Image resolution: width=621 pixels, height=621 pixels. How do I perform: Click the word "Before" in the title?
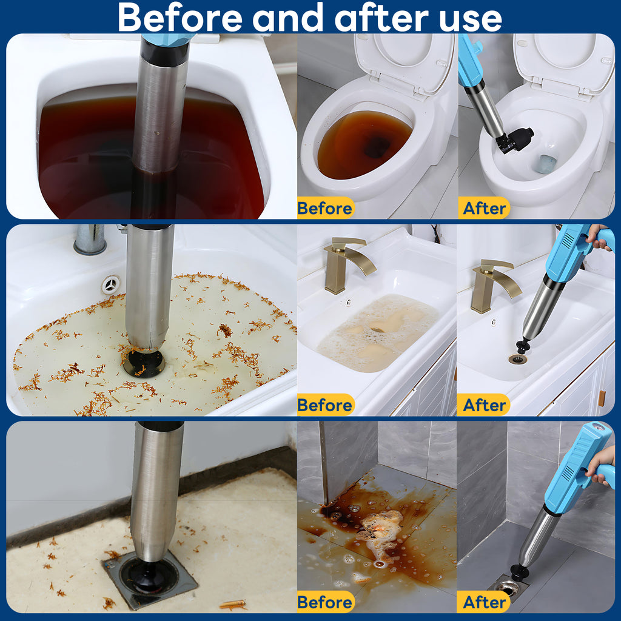pyautogui.click(x=180, y=18)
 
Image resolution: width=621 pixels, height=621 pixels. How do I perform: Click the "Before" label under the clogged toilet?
pyautogui.click(x=325, y=209)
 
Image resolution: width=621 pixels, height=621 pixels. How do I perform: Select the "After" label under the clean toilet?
pyautogui.click(x=485, y=209)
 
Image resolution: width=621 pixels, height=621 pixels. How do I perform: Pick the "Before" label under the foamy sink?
pyautogui.click(x=325, y=405)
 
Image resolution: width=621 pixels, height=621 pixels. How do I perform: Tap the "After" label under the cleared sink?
pyautogui.click(x=485, y=405)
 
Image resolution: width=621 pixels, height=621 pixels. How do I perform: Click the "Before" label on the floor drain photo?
pyautogui.click(x=325, y=602)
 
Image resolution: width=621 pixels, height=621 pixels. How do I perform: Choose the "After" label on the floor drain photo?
pyautogui.click(x=485, y=602)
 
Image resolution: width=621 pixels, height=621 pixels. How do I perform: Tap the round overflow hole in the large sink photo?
pyautogui.click(x=112, y=284)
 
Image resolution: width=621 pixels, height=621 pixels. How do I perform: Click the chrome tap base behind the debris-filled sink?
pyautogui.click(x=90, y=239)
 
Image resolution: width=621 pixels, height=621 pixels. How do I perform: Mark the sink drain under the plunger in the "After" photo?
pyautogui.click(x=518, y=359)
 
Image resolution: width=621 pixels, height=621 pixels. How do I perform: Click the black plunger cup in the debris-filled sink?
pyautogui.click(x=143, y=363)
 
